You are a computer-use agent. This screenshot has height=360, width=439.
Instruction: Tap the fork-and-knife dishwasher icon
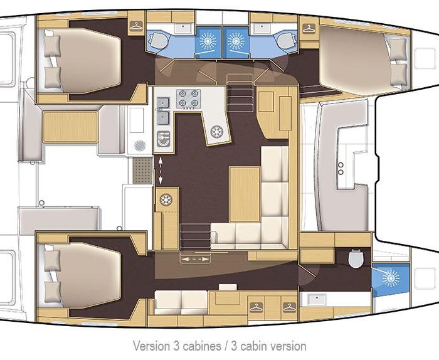click(164, 139)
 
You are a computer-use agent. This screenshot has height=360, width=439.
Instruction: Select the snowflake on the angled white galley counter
click(217, 132)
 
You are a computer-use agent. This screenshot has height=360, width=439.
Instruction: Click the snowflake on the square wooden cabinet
click(166, 200)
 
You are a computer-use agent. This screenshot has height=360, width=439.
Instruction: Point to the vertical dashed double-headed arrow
click(161, 171)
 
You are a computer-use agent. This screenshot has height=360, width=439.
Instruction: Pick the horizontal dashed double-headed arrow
click(195, 259)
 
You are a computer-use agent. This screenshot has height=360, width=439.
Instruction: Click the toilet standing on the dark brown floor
click(356, 258)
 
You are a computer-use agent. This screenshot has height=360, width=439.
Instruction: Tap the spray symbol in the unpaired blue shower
click(391, 278)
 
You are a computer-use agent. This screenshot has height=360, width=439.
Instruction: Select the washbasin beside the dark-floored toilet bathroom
click(317, 299)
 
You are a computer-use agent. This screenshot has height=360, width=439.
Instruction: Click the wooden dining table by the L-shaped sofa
click(245, 194)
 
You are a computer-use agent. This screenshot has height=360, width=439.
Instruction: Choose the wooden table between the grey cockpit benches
click(70, 127)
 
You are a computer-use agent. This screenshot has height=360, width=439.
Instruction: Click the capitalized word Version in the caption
click(151, 346)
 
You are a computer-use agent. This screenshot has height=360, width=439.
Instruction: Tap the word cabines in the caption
click(201, 346)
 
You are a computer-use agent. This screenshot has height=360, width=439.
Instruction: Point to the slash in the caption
click(226, 346)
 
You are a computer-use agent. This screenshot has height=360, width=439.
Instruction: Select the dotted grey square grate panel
click(143, 171)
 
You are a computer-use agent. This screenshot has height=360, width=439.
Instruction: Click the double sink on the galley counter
click(163, 111)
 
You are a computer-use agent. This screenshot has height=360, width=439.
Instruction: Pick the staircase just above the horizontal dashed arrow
click(195, 236)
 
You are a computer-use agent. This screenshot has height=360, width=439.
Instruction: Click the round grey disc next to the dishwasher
click(140, 146)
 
